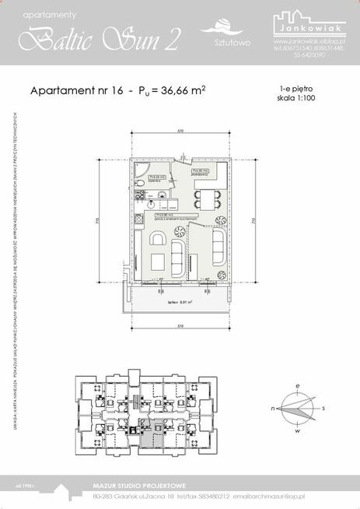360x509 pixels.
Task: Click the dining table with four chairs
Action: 208,197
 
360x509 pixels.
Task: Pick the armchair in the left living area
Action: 158,262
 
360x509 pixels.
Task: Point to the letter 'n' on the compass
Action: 273,407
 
